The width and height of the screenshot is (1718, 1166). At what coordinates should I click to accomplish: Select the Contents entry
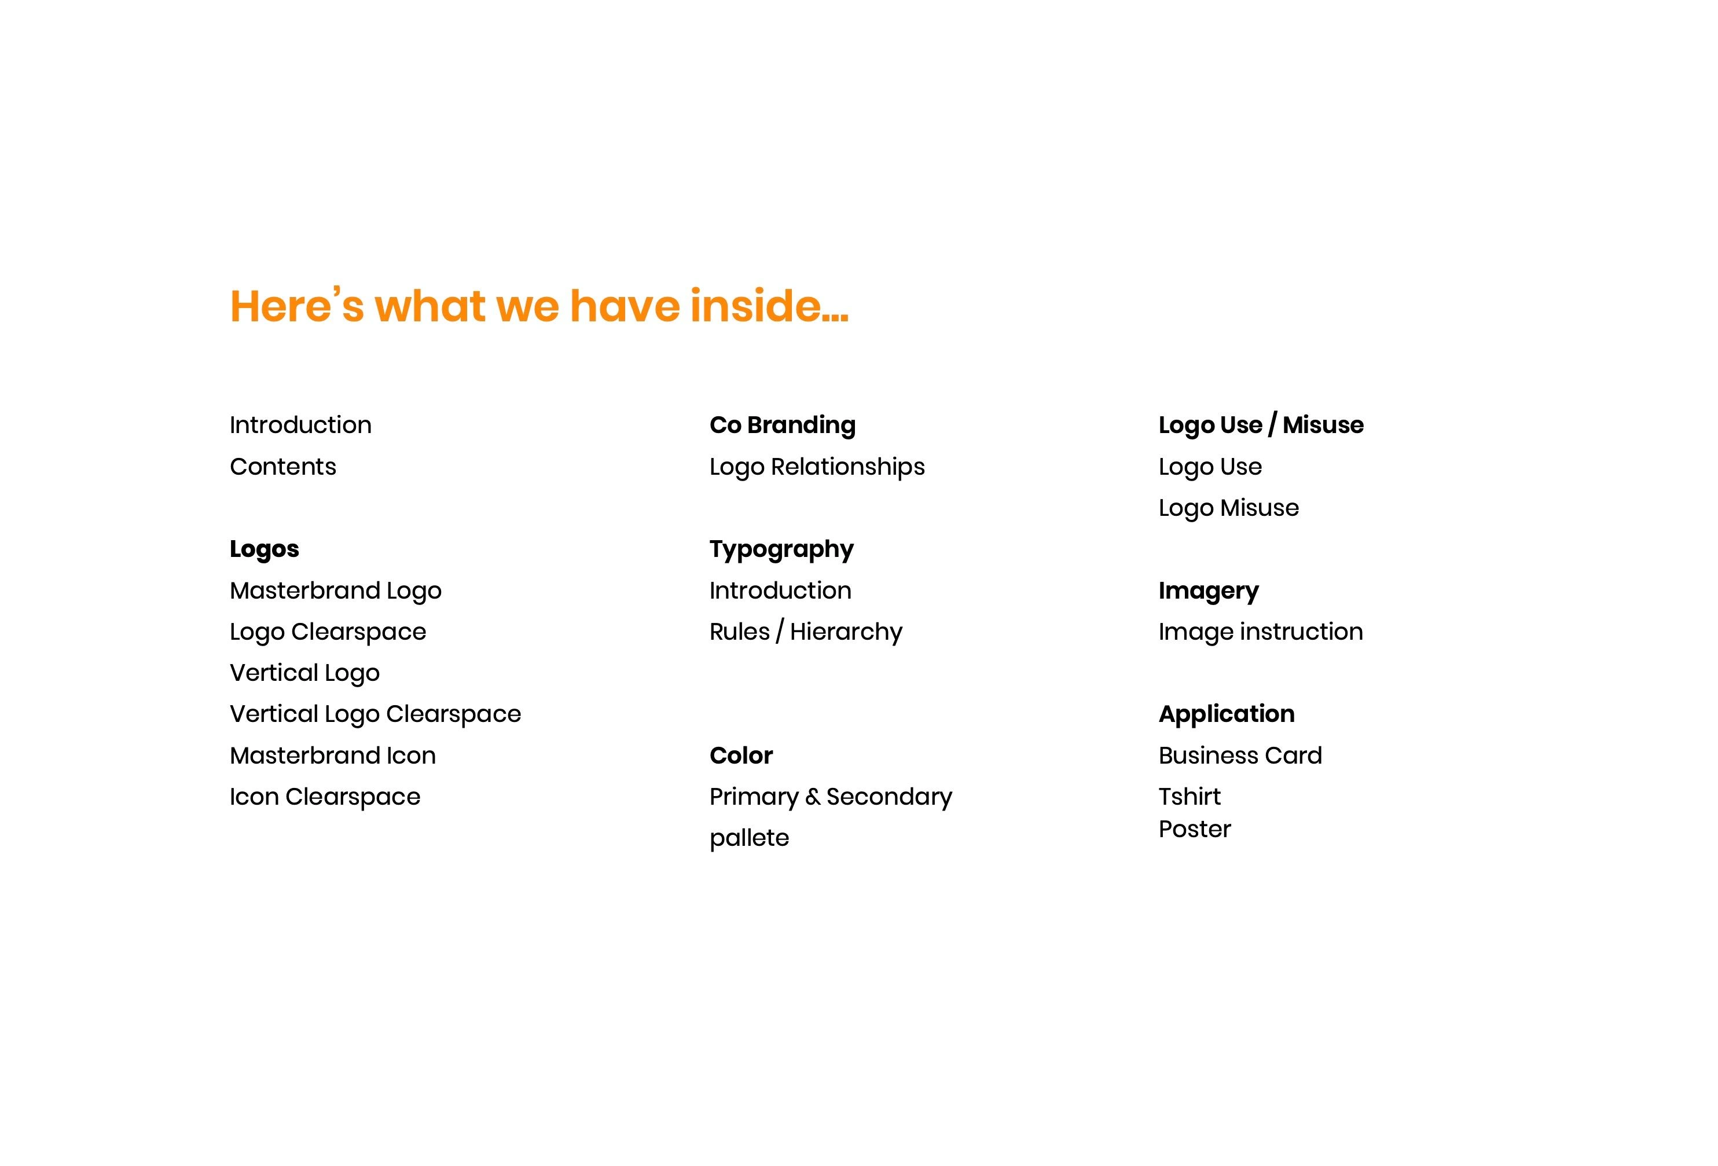(x=282, y=467)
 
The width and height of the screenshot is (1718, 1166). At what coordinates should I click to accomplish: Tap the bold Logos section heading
(x=264, y=550)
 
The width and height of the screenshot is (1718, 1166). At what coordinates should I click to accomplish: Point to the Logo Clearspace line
(x=328, y=633)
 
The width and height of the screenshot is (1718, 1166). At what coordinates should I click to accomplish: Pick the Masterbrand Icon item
(x=333, y=756)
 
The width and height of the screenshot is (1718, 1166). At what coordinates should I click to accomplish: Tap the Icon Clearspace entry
(x=325, y=798)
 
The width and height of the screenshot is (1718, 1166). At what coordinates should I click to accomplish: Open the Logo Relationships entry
(x=817, y=468)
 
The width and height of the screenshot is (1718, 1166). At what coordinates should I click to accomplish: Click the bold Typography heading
(x=781, y=550)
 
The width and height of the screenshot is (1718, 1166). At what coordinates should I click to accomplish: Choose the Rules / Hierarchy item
(x=806, y=633)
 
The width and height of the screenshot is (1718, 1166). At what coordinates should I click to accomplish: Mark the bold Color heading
(x=741, y=756)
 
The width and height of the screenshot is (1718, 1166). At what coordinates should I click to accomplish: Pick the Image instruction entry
(x=1260, y=633)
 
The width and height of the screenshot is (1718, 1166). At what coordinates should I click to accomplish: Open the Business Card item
(x=1240, y=756)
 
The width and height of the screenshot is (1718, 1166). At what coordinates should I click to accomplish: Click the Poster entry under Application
(x=1194, y=830)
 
